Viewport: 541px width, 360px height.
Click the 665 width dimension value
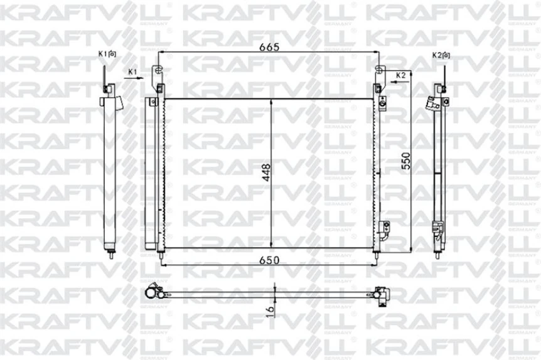coord(269,47)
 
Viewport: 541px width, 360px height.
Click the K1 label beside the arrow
coord(132,72)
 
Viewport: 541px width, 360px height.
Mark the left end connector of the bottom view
coord(153,292)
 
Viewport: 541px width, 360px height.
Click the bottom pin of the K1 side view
coord(110,253)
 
